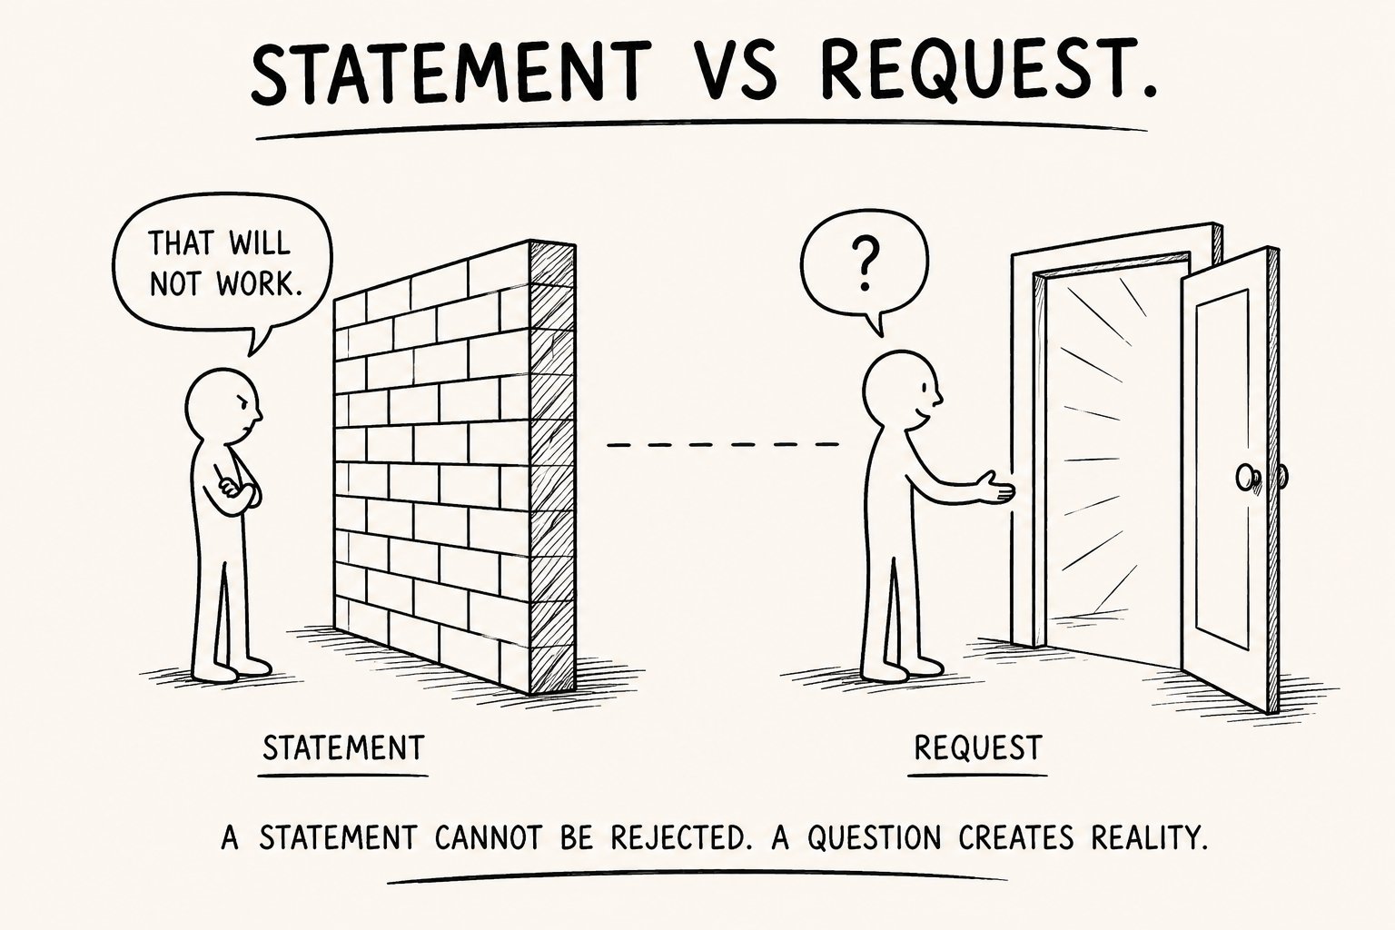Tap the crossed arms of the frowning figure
tap(236, 489)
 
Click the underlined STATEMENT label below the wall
tap(343, 747)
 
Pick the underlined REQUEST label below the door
tap(978, 747)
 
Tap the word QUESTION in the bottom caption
tap(875, 837)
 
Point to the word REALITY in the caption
tap(1150, 837)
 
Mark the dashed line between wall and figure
tap(722, 445)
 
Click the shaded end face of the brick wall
tap(552, 467)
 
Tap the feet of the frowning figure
tap(232, 668)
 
